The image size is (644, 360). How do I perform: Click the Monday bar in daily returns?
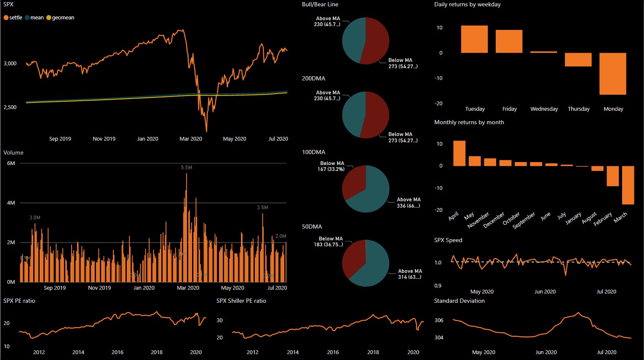point(612,74)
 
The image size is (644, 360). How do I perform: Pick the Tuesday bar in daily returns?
point(474,39)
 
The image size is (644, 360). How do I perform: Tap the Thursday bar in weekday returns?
point(578,59)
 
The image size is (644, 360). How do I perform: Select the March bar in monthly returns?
point(628,185)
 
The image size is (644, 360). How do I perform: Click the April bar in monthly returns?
point(459,153)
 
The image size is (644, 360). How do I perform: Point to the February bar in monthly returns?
point(612,176)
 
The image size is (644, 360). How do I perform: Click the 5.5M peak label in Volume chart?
point(187,168)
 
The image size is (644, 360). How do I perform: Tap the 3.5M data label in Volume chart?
point(262,208)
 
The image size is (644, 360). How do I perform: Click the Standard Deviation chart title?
point(459,301)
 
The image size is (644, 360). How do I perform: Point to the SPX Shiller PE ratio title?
point(241,301)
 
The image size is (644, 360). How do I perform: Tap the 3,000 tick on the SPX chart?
point(10,64)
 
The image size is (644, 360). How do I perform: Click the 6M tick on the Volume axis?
point(11,163)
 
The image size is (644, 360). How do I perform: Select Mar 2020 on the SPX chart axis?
point(191,139)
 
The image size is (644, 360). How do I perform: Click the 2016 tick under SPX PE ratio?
point(118,352)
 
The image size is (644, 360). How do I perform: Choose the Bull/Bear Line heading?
point(320,5)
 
